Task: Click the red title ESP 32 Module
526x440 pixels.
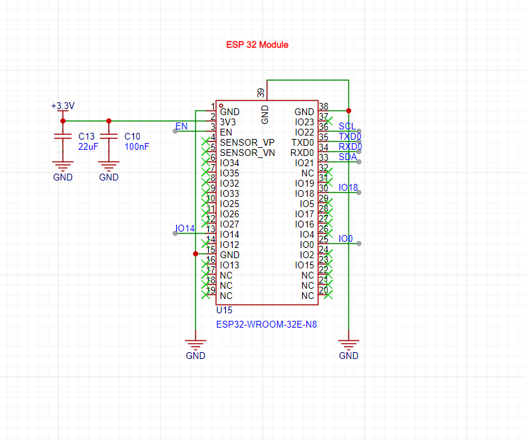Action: [257, 44]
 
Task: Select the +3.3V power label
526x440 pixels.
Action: [63, 106]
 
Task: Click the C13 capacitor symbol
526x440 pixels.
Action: [63, 137]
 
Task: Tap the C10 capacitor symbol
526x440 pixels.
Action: [108, 137]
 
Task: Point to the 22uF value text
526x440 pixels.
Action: [88, 146]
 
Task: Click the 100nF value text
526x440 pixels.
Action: [137, 146]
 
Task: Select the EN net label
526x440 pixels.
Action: [181, 126]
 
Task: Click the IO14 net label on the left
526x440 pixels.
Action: [184, 228]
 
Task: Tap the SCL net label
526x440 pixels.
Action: [346, 126]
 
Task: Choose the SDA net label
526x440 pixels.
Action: [347, 157]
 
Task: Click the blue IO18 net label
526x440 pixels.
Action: [348, 187]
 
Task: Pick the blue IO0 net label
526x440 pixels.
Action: [346, 238]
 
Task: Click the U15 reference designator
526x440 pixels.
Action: [224, 310]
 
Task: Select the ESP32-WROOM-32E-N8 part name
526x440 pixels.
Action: [266, 325]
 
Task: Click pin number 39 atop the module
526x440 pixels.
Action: [261, 92]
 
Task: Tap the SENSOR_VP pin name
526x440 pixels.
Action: [248, 142]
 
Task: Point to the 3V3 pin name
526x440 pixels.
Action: [229, 122]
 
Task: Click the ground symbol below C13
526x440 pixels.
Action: [63, 166]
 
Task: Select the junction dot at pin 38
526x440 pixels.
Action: [348, 110]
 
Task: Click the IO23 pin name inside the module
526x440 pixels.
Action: [304, 122]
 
